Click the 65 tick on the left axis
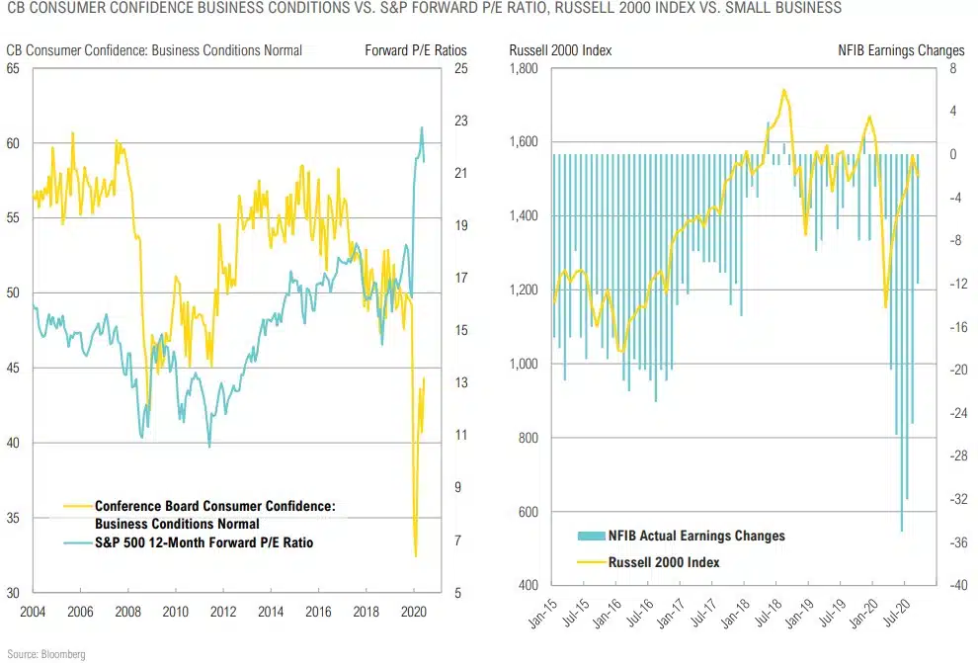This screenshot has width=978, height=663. click(x=14, y=68)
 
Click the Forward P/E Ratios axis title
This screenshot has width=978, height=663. click(x=415, y=49)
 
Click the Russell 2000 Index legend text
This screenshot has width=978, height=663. click(x=667, y=562)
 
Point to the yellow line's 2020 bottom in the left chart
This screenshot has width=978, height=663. click(x=416, y=556)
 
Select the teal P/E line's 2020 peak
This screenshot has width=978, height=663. click(x=422, y=127)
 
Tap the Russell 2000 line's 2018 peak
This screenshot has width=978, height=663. click(x=783, y=90)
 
